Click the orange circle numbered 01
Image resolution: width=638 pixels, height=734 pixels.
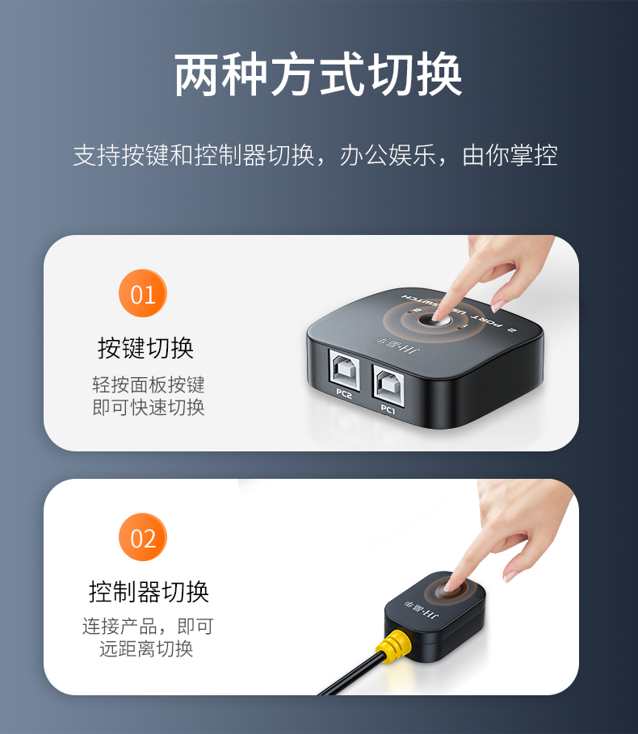143,293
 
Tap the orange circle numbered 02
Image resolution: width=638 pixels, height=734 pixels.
143,538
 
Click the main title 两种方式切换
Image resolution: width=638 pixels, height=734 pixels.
318,75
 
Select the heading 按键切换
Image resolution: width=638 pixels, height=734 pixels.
145,348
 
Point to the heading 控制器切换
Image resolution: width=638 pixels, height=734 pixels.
149,592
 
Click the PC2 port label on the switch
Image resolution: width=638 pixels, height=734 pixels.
344,395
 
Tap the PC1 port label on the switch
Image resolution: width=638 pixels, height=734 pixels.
388,409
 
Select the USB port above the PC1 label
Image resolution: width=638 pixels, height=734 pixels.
388,383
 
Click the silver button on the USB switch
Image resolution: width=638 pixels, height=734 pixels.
434,321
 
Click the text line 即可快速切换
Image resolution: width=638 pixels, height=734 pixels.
149,407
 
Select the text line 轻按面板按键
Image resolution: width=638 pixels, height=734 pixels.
149,384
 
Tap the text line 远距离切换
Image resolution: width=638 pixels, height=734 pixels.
146,648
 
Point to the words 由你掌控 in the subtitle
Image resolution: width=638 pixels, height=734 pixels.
510,155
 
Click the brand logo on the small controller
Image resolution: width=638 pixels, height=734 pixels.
422,609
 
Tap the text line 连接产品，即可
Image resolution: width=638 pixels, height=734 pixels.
149,627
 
